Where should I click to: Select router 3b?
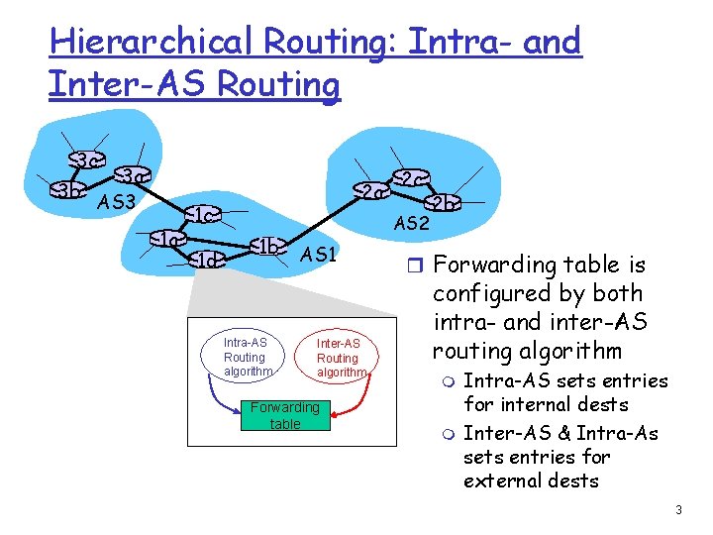pyautogui.click(x=67, y=191)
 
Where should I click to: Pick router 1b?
pyautogui.click(x=267, y=246)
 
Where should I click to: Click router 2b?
pyautogui.click(x=446, y=204)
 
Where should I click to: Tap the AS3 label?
pyautogui.click(x=118, y=205)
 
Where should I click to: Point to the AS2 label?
pyautogui.click(x=411, y=224)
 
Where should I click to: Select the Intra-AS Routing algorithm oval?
pyautogui.click(x=245, y=357)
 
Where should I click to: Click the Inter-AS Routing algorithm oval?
pyautogui.click(x=338, y=358)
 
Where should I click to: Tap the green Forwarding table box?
pyautogui.click(x=284, y=415)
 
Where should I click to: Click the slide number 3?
pyautogui.click(x=678, y=510)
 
